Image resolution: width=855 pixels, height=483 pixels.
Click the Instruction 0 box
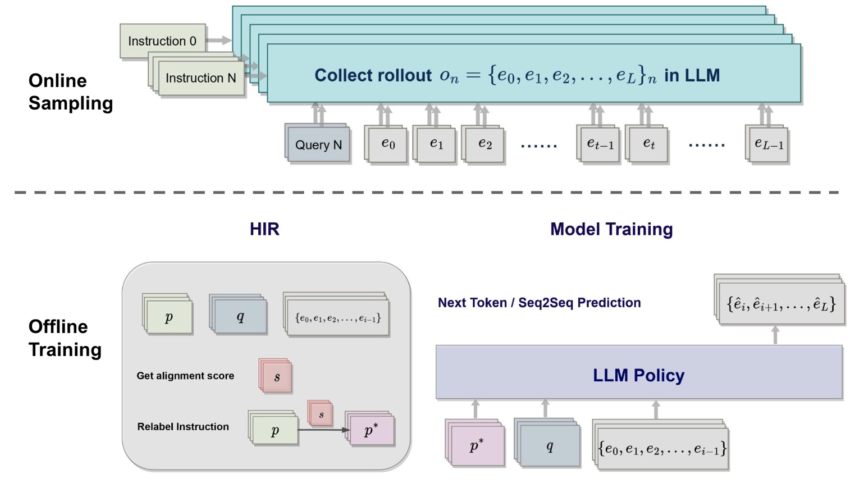162,41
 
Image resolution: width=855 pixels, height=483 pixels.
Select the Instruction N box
200,78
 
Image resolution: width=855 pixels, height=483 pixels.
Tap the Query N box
318,145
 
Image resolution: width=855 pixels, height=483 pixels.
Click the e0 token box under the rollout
387,144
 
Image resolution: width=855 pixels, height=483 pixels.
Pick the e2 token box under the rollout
484,144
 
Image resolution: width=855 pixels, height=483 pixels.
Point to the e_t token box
648,144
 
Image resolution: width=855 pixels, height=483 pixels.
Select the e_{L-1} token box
769,144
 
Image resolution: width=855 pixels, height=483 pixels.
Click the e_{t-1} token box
600,144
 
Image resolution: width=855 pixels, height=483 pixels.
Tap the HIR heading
264,229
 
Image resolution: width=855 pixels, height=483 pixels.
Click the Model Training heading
611,229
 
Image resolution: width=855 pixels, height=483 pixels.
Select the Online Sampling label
70,92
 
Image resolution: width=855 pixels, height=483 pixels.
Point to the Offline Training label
65,338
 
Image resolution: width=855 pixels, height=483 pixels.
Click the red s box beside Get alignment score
276,377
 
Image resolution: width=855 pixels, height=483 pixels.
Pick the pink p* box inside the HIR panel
371,431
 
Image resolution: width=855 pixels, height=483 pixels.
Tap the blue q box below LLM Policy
549,446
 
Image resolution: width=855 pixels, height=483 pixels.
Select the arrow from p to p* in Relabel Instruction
323,430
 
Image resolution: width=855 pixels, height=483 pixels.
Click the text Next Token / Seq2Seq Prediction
539,303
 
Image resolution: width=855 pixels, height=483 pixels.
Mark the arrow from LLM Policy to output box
775,335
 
